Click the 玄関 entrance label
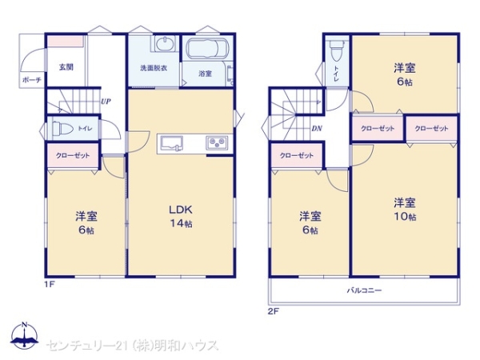click(66, 67)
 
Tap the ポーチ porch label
click(32, 80)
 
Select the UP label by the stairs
click(106, 102)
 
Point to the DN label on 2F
click(317, 129)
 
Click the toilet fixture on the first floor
click(62, 128)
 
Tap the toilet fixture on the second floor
click(337, 51)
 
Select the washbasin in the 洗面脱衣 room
click(165, 43)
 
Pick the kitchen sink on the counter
click(172, 144)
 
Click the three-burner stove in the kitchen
click(217, 142)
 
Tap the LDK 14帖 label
click(182, 217)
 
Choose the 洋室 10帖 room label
click(405, 210)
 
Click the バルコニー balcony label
click(364, 290)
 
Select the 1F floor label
click(50, 284)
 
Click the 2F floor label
click(274, 312)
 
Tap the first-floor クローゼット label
click(73, 155)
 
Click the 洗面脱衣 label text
click(154, 68)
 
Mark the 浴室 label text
click(205, 74)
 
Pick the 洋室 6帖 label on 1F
click(86, 223)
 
